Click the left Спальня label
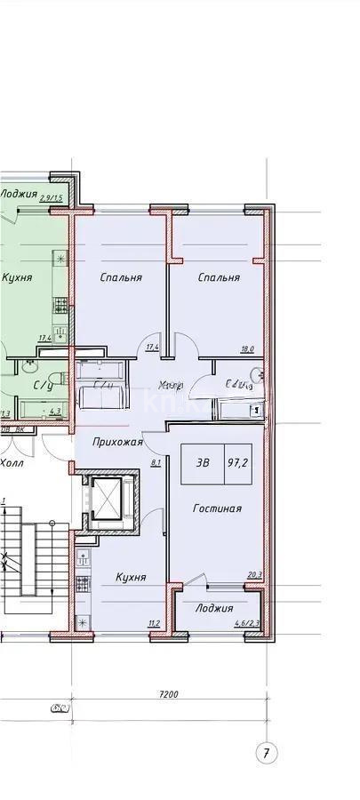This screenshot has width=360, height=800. [121, 277]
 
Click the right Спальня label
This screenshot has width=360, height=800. [219, 277]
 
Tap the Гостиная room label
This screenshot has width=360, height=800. [218, 509]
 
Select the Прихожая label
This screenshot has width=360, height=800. [116, 443]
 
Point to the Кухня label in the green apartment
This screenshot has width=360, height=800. [17, 277]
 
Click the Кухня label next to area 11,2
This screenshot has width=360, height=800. [130, 578]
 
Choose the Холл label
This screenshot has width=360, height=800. [12, 463]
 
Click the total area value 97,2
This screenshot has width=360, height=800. [238, 463]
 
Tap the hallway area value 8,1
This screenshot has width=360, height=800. [156, 462]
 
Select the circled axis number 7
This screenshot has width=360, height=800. [265, 754]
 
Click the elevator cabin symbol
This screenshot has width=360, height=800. [107, 500]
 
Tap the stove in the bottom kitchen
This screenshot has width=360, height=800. [84, 583]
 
